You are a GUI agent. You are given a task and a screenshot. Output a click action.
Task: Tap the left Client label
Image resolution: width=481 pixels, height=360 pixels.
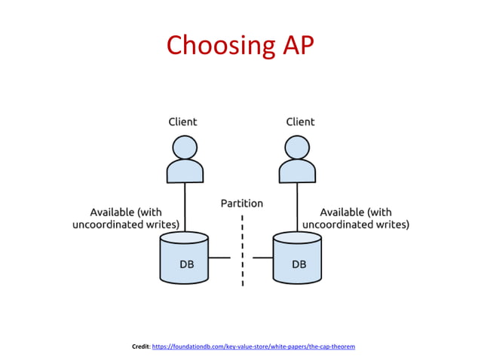tap(182, 121)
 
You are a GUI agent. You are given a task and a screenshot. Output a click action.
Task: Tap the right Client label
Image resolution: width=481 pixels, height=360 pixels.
tap(299, 121)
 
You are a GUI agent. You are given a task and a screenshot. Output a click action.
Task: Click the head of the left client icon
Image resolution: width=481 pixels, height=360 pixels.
tap(185, 147)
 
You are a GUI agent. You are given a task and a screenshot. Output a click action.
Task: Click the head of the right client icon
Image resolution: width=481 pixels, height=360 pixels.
tap(297, 147)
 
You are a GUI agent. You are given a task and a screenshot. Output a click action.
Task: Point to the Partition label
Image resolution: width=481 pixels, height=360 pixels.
tap(242, 203)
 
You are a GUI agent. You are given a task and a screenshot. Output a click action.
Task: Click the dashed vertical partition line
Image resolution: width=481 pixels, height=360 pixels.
tap(243, 252)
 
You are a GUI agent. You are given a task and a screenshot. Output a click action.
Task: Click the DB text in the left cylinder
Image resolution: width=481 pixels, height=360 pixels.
tap(186, 264)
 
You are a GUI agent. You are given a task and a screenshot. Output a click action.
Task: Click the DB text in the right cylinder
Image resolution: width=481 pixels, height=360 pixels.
tap(299, 264)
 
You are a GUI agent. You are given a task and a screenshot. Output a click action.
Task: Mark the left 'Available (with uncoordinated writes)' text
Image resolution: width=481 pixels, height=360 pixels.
tap(126, 218)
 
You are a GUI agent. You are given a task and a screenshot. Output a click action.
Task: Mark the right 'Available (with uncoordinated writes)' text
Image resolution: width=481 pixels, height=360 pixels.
tap(356, 218)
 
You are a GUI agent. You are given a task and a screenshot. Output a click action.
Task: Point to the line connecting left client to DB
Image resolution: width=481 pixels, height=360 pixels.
tap(185, 207)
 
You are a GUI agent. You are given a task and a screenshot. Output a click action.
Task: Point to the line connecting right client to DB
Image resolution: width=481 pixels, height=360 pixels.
tap(297, 207)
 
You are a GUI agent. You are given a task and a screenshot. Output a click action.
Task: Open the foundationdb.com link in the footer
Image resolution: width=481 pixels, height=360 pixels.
tap(253, 346)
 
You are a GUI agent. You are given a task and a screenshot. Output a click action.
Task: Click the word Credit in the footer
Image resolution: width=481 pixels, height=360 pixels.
tap(140, 346)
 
